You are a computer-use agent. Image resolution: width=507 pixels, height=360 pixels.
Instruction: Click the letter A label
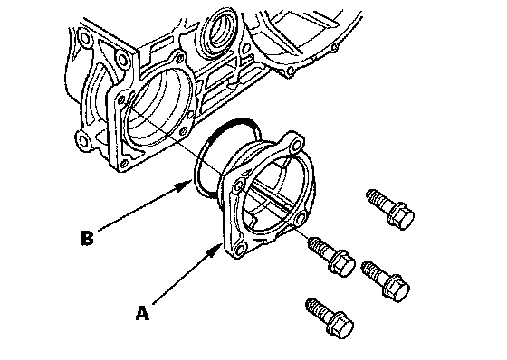click(143, 314)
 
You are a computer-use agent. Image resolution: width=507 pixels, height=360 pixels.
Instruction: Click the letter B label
click(87, 238)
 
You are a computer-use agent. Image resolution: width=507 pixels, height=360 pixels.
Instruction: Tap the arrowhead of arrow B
click(185, 185)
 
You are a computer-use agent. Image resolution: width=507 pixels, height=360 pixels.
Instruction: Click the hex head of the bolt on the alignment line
click(342, 262)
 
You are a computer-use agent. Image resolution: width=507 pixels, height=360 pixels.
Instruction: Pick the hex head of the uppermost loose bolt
click(401, 215)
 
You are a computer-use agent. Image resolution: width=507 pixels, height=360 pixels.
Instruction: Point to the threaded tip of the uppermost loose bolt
click(371, 194)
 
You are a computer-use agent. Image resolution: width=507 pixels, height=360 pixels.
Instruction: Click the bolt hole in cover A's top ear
click(295, 147)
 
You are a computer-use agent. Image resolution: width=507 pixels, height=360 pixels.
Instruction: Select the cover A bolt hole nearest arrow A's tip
click(240, 250)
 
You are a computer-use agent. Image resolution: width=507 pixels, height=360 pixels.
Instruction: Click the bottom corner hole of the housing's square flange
click(123, 166)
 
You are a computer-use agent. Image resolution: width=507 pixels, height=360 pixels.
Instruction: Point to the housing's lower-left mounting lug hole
click(83, 141)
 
